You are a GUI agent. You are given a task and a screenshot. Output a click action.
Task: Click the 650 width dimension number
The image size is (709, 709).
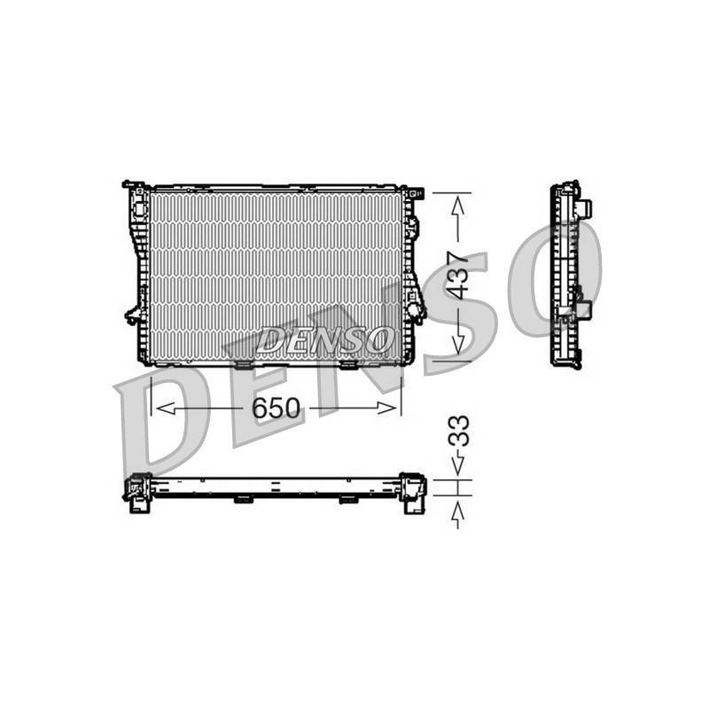tap(276, 409)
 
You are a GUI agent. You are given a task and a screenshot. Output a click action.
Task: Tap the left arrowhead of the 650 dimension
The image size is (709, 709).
tap(166, 409)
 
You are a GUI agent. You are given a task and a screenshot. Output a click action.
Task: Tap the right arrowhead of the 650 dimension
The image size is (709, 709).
tap(386, 409)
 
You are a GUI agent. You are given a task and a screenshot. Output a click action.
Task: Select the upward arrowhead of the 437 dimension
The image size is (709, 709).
tap(458, 206)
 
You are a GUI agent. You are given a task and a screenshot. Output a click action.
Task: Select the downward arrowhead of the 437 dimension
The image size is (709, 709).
tap(458, 345)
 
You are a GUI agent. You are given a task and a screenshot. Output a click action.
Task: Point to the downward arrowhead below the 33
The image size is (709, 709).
tap(458, 465)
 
